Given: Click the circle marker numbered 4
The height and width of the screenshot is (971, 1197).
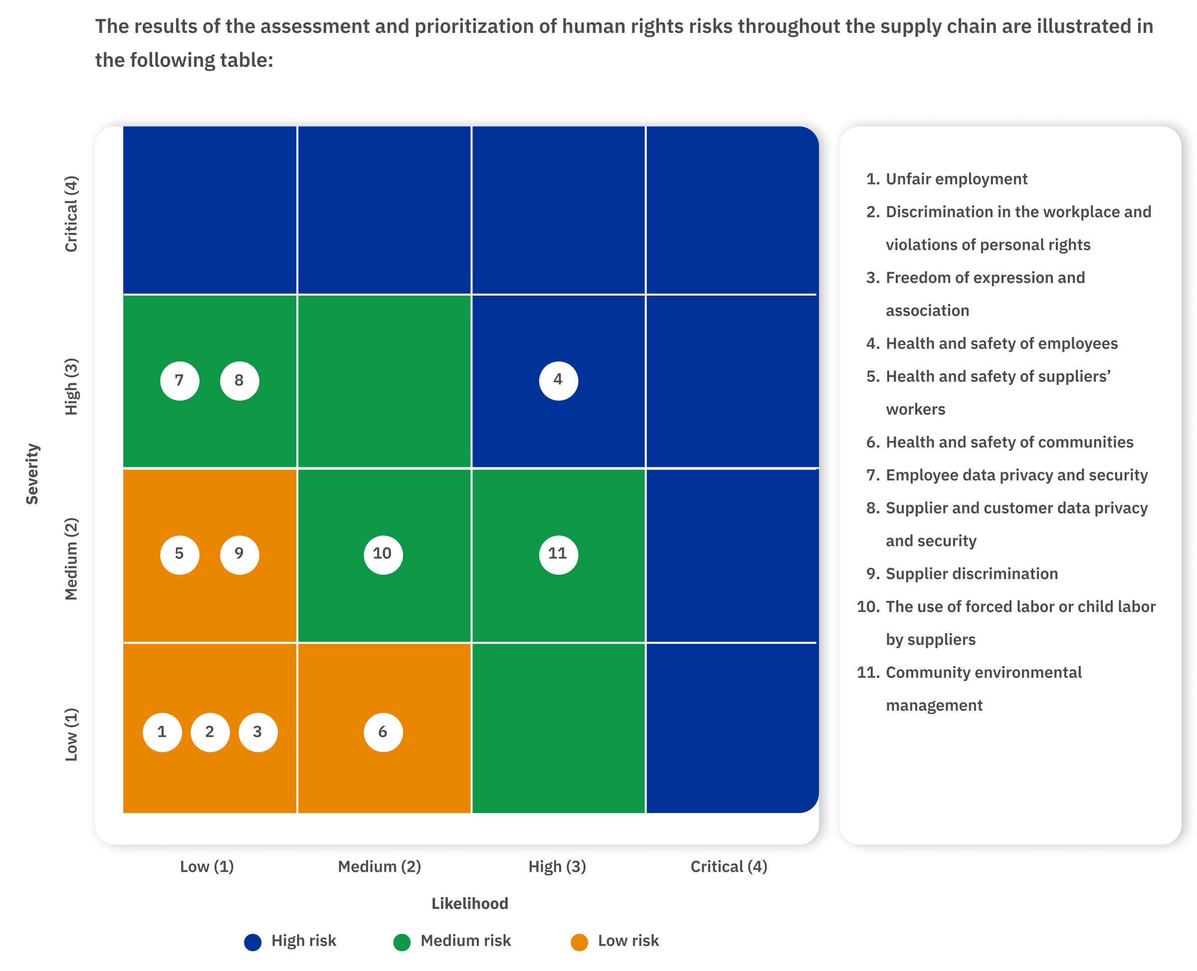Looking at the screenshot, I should pos(558,381).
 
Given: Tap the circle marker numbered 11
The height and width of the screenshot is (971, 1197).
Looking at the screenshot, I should pos(558,554).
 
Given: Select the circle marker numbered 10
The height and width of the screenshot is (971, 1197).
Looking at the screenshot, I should pos(383,554).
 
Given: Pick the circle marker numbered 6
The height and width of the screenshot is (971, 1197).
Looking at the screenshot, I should pos(383,732).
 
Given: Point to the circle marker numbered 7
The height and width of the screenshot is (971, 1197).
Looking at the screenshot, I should pos(180,381).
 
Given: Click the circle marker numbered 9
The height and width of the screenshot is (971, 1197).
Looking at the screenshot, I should pos(239,554).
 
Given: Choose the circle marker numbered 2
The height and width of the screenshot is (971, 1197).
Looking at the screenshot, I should pos(210,732).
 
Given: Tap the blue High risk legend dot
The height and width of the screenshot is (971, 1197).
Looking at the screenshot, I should pos(253,942).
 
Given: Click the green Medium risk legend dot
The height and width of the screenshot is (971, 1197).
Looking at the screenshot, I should pos(402,942).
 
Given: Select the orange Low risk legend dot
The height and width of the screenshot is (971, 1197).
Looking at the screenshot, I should pos(579,942).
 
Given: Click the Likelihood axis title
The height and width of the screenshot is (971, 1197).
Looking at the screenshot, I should pos(469,903).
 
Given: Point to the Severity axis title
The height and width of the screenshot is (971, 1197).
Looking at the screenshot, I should pos(32,474).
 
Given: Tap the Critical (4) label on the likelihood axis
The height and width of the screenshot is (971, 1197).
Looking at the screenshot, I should pos(729,866).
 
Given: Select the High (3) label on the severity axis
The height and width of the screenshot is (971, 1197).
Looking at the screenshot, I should pos(71,386).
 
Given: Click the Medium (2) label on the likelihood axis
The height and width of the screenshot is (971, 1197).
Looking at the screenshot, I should pos(379,866).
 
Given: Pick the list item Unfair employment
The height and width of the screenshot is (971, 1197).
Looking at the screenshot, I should pos(956,179).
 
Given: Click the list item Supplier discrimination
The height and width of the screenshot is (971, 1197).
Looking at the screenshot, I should pos(972,574).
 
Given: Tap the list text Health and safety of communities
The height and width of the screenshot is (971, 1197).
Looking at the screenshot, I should pos(1009,443).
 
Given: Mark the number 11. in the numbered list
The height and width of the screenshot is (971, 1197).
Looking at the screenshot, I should pos(868,672).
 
